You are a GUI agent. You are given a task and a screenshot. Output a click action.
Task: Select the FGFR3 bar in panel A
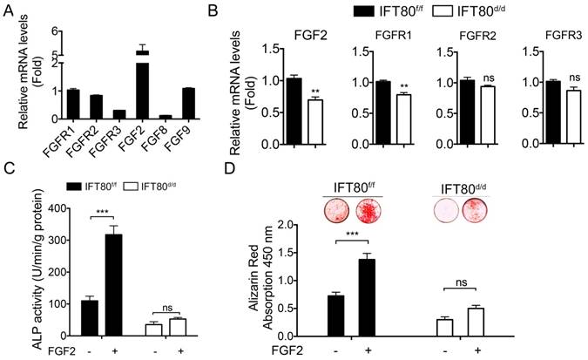point(95,114)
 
